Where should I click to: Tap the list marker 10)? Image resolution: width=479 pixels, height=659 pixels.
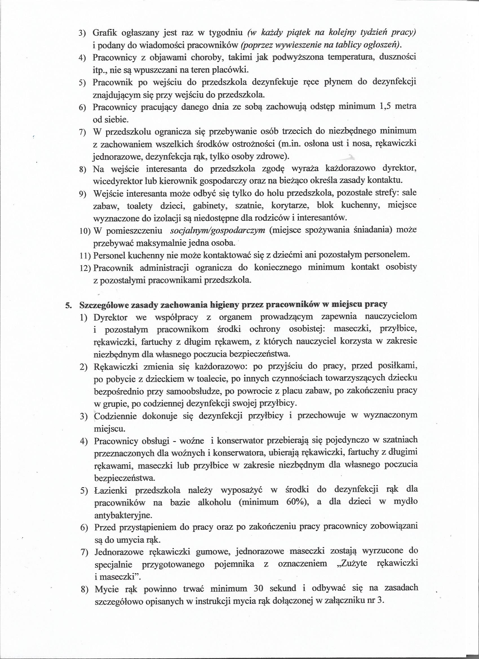click(x=85, y=231)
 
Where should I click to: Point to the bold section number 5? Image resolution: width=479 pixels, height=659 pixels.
click(x=68, y=305)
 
